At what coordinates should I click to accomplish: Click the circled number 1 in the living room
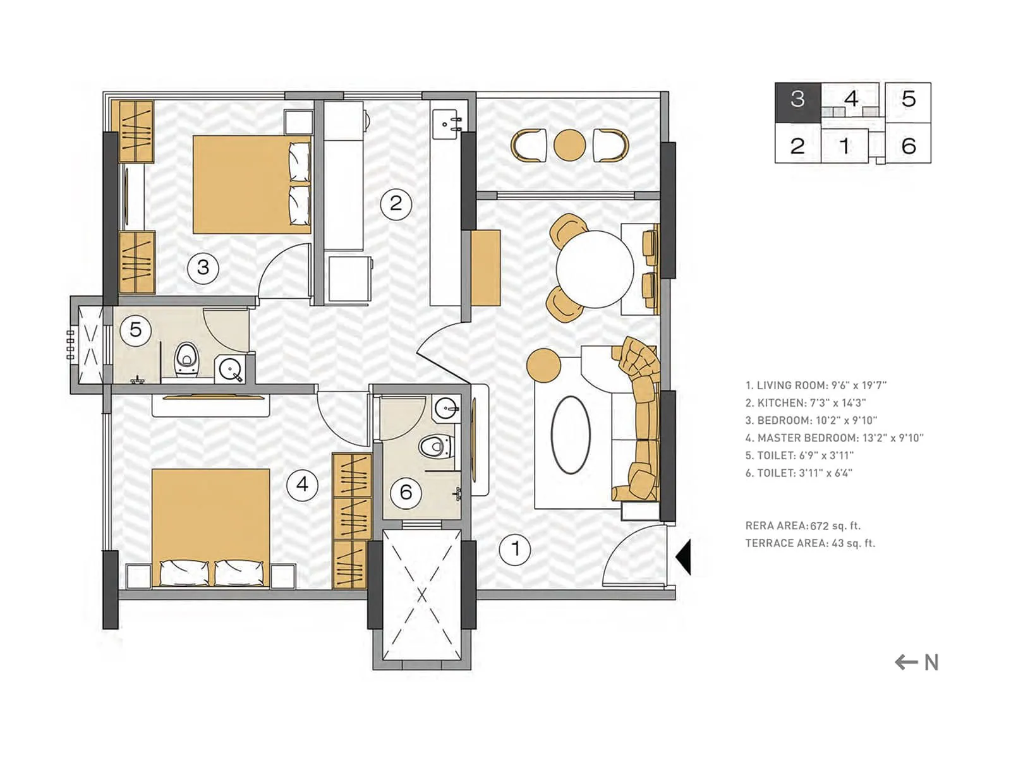[515, 548]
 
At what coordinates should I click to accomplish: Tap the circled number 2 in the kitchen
[396, 203]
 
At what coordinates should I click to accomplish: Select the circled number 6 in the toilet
[406, 491]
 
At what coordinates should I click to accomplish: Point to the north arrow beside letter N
[906, 662]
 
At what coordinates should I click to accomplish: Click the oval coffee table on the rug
[571, 435]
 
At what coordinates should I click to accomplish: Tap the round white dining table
[595, 269]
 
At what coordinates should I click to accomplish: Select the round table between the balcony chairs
[569, 145]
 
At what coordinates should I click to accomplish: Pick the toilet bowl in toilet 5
[186, 359]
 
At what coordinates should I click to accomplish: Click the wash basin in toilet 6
[448, 409]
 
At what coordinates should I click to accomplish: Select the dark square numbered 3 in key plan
[797, 99]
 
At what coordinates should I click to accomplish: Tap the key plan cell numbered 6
[908, 146]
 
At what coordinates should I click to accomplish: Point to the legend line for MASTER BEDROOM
[833, 438]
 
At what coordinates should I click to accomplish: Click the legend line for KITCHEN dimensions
[805, 402]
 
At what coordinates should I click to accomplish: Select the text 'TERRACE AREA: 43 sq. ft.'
[809, 543]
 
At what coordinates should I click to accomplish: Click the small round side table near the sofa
[543, 364]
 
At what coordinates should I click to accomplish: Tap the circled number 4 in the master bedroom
[302, 484]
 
